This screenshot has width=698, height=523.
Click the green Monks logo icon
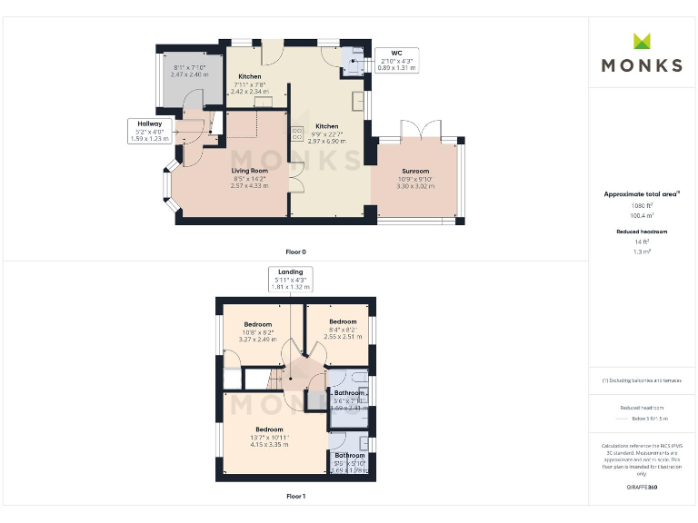(642, 41)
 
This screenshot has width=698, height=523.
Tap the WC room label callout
(396, 61)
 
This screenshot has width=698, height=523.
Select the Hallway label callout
(149, 130)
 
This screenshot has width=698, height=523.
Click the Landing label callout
(289, 279)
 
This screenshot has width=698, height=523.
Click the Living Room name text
(248, 171)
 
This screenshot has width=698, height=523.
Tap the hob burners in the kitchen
(297, 133)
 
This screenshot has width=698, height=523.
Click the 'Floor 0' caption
(295, 251)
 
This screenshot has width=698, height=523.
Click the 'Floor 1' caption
(295, 497)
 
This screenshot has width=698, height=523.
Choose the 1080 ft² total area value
(643, 206)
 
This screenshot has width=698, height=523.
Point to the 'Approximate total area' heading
(642, 194)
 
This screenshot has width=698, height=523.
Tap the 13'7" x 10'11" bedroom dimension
(269, 438)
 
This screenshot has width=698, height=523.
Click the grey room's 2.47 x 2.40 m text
(190, 74)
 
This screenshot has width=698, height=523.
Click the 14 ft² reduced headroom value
(643, 242)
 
